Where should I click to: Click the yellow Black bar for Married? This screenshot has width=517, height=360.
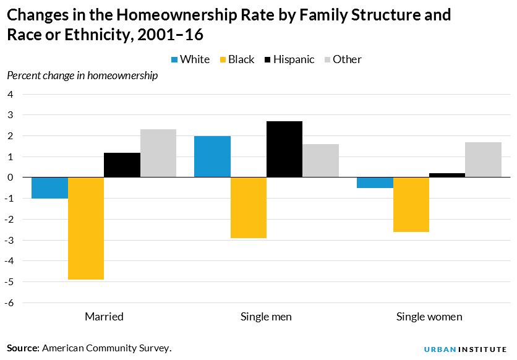tap(86, 228)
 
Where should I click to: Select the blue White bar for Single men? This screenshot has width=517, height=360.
tap(212, 156)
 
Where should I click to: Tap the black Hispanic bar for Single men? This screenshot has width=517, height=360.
tap(284, 149)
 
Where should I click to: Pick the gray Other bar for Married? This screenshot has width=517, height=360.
tap(158, 153)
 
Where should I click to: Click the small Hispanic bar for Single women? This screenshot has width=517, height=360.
tap(447, 175)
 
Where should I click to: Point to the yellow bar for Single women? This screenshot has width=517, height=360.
tap(411, 205)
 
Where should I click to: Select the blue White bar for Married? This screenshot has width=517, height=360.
tap(49, 188)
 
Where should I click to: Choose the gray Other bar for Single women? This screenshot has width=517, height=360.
tap(483, 160)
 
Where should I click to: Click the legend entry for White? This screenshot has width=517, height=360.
tap(190, 59)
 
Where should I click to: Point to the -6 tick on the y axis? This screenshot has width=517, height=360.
tap(11, 302)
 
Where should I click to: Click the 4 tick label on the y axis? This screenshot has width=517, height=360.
tap(11, 94)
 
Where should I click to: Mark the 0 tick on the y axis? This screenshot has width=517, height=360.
tap(11, 178)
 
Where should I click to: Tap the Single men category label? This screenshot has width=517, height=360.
tap(266, 317)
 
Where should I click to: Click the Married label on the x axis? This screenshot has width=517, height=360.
tap(104, 317)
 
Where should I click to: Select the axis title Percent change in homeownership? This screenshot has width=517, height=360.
tap(82, 76)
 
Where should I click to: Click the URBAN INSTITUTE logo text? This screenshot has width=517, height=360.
tap(465, 349)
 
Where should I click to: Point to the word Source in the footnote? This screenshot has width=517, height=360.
tap(23, 348)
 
